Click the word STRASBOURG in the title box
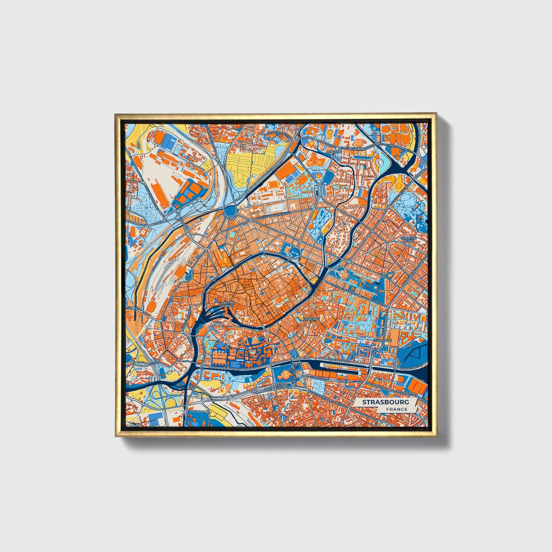pyautogui.click(x=385, y=402)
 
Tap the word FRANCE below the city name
pyautogui.click(x=397, y=410)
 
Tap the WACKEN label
pyautogui.click(x=334, y=152)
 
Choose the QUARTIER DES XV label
pyautogui.click(x=408, y=240)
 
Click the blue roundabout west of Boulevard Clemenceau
pyautogui.click(x=231, y=210)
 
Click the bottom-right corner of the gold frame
pyautogui.click(x=436, y=436)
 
